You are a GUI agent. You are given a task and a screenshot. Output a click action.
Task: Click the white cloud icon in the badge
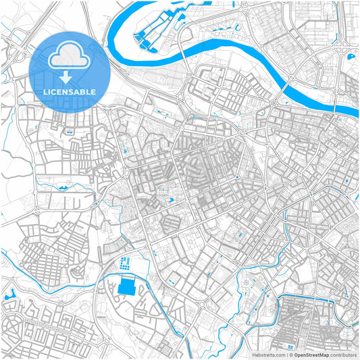click(70, 57)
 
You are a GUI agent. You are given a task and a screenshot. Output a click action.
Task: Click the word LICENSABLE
click(70, 92)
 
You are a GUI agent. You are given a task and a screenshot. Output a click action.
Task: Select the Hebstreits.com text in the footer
click(269, 355)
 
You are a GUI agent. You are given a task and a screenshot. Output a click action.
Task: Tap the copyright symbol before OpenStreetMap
click(291, 355)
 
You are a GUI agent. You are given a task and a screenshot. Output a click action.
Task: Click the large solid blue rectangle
click(126, 288)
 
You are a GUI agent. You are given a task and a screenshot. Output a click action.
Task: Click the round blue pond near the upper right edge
click(351, 56)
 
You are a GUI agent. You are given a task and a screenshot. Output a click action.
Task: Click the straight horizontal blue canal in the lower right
click(311, 296)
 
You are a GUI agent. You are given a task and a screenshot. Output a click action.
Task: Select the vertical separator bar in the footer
click(287, 355)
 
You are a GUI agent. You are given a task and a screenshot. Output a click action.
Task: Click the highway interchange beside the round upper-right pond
click(343, 43)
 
